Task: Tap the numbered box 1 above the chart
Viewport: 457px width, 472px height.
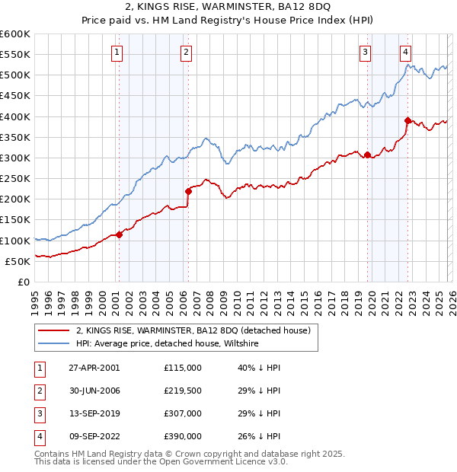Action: coord(117,53)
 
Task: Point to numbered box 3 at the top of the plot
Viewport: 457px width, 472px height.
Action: coord(366,53)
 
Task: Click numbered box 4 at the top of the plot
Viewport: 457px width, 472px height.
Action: coord(406,53)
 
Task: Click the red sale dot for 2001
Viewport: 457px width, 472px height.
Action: coord(119,234)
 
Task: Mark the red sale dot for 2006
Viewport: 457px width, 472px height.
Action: coord(188,191)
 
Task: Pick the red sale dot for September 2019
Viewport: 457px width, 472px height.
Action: coord(367,155)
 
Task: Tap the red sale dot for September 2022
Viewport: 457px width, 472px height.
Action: coord(407,120)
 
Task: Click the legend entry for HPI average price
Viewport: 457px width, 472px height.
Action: coord(168,344)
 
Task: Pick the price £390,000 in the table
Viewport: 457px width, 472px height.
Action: coord(182,436)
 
